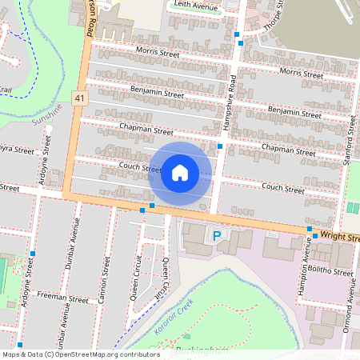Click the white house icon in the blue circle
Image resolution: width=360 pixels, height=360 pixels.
click(x=180, y=173)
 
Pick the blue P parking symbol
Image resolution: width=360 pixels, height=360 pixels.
click(x=216, y=235)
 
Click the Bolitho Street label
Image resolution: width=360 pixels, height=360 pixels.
click(x=333, y=272)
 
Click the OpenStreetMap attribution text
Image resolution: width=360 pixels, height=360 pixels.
click(x=81, y=354)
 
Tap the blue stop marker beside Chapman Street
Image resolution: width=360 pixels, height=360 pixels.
click(x=220, y=146)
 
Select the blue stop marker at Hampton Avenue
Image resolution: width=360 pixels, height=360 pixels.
click(x=310, y=230)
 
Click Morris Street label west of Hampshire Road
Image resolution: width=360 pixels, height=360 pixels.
click(x=158, y=53)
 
